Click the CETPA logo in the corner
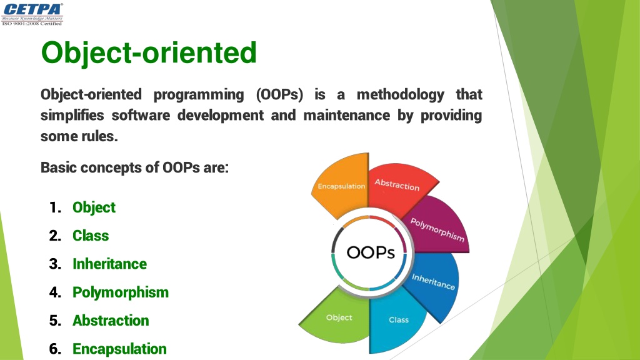32,14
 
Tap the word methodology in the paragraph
401,95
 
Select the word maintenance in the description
346,115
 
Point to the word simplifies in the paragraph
72,116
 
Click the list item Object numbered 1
94,207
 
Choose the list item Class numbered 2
91,236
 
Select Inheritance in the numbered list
109,264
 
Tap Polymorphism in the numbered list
121,292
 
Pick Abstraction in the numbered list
111,321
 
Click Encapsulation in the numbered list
119,349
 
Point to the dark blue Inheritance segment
432,284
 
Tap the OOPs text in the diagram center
371,252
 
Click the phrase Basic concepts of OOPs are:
135,167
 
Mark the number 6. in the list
55,349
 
